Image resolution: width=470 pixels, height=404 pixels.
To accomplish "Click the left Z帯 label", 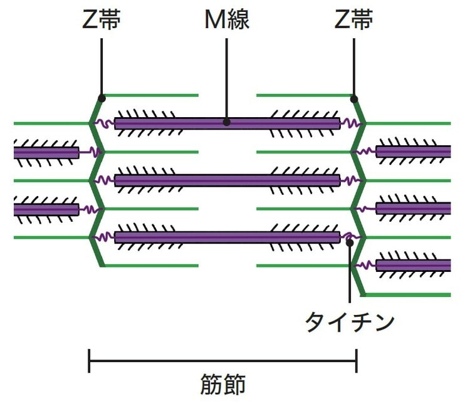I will click(x=102, y=20).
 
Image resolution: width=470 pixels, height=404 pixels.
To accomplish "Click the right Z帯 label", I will click(x=354, y=20).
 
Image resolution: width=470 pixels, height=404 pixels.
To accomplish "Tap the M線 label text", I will click(x=227, y=20).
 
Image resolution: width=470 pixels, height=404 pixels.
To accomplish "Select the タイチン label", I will click(x=350, y=322).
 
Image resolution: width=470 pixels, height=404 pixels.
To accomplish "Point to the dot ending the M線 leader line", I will click(x=227, y=123).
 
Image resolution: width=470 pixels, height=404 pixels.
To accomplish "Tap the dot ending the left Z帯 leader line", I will click(x=102, y=97).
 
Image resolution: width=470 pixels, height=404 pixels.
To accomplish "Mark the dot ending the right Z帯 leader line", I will click(x=354, y=98).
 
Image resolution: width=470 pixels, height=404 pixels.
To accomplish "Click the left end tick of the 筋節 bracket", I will click(x=90, y=361).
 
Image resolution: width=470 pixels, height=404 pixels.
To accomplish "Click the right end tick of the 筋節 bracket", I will click(x=356, y=361).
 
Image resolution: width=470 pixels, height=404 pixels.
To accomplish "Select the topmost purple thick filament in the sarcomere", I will click(x=188, y=123).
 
